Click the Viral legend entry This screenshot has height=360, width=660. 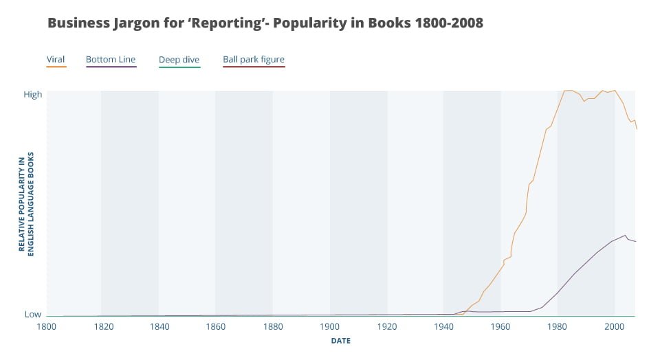click(56, 60)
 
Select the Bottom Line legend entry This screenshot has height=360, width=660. click(111, 60)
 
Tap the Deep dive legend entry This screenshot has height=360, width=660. click(179, 60)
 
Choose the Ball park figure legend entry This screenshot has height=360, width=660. click(253, 60)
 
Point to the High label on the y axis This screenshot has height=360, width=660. click(33, 94)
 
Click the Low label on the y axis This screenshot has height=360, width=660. click(33, 314)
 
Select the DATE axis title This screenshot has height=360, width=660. click(341, 341)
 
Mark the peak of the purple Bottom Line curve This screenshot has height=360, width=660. click(626, 235)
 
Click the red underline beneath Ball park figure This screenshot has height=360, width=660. click(253, 67)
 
